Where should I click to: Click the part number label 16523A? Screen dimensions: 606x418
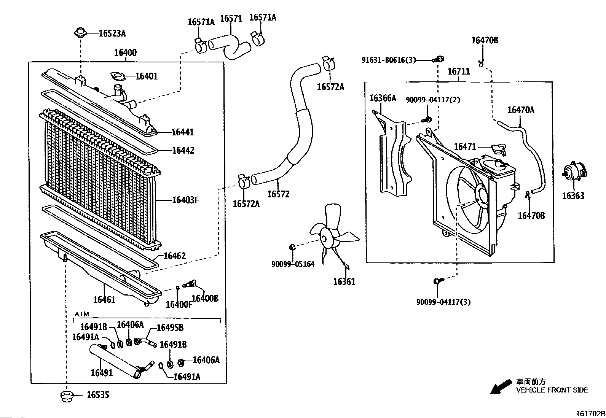[x=112, y=33]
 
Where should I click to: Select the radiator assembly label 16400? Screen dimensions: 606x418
[x=125, y=52]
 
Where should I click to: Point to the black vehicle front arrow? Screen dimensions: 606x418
[x=501, y=386]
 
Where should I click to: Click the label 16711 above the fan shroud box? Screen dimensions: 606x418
[x=459, y=72]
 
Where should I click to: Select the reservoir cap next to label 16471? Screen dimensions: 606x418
[x=499, y=149]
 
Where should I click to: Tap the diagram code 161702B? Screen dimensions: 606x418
[x=590, y=413]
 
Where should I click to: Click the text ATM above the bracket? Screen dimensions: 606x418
[x=82, y=314]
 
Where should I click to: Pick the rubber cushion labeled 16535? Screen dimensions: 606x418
[x=66, y=396]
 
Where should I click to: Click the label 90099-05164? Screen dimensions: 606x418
[x=293, y=264]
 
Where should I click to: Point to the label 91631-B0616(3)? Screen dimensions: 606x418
[x=389, y=60]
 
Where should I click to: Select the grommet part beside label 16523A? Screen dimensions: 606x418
[x=80, y=32]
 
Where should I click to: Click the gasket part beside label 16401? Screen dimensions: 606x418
[x=117, y=76]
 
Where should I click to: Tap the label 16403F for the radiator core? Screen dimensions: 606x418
[x=186, y=200]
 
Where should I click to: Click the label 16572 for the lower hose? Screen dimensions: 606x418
[x=278, y=194]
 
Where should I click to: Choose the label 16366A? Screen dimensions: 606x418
[x=383, y=98]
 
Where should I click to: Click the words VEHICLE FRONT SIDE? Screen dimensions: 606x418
[x=552, y=390]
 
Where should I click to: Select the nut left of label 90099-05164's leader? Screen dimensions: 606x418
[x=292, y=247]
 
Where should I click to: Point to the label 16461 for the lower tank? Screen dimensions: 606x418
[x=104, y=300]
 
